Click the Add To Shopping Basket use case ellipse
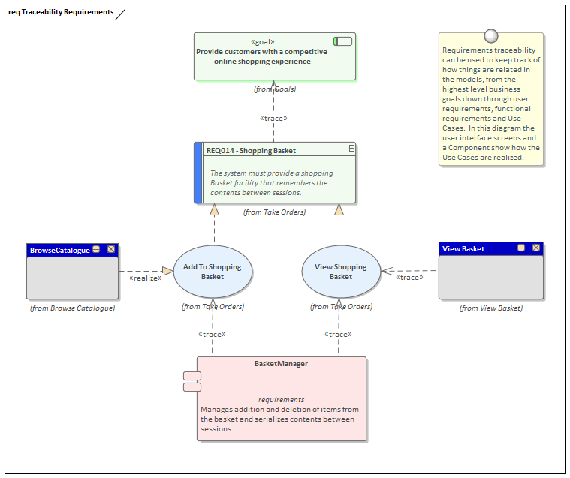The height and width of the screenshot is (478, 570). click(213, 272)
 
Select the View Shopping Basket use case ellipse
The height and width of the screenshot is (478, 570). click(340, 272)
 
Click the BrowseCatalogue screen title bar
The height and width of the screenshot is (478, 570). click(59, 250)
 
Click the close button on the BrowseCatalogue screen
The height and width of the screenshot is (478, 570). click(111, 250)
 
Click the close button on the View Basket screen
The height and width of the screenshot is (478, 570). click(535, 248)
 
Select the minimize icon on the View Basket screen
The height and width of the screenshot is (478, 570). click(521, 248)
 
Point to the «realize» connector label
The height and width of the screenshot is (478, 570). click(145, 278)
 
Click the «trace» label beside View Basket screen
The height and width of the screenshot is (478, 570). click(409, 278)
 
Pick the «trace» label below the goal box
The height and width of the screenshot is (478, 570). click(273, 118)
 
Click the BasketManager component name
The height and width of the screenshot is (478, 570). click(281, 364)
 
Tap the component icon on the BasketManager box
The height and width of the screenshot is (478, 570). click(192, 381)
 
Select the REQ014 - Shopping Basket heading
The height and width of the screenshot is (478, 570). click(251, 150)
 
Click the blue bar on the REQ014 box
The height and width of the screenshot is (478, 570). click(198, 173)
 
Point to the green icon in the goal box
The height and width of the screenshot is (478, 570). click(343, 41)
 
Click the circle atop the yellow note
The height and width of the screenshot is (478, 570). click(491, 35)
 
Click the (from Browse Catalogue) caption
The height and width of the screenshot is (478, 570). click(72, 308)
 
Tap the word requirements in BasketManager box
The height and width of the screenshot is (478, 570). click(282, 400)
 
